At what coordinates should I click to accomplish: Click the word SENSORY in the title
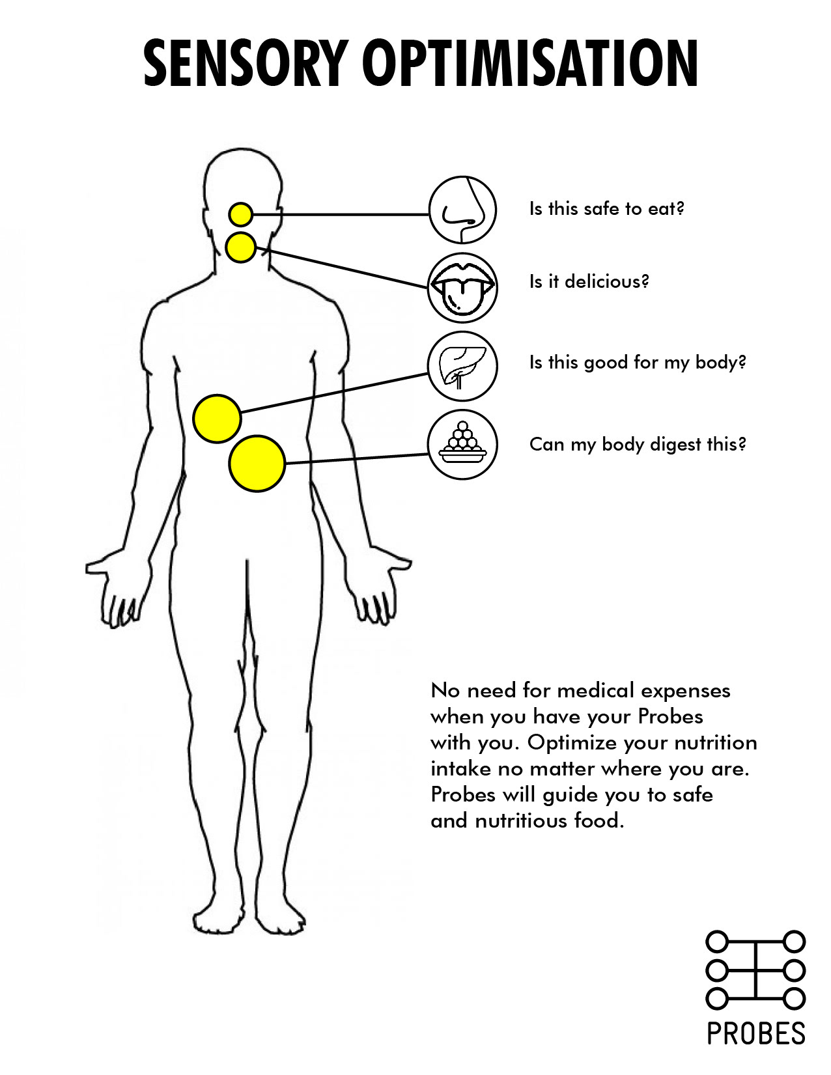click(x=244, y=63)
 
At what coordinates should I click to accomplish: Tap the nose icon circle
click(x=462, y=210)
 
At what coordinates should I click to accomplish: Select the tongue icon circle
click(x=462, y=288)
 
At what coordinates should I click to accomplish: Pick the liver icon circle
click(x=462, y=366)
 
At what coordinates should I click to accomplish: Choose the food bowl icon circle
click(x=462, y=444)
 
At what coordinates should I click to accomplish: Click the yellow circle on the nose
click(x=241, y=215)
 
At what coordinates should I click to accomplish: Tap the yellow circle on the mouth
click(x=241, y=247)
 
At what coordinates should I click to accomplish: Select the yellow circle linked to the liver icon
click(x=217, y=419)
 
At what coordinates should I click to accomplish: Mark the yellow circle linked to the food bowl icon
click(x=257, y=464)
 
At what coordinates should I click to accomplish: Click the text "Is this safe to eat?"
click(x=606, y=209)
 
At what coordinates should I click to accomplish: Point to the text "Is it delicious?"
click(x=589, y=281)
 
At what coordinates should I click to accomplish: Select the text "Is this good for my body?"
click(x=638, y=363)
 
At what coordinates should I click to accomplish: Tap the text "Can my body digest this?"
click(x=638, y=444)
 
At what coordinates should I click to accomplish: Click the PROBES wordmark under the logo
click(x=756, y=1034)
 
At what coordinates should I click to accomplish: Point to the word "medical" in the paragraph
click(x=595, y=690)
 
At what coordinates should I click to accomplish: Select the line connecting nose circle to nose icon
click(x=341, y=215)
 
